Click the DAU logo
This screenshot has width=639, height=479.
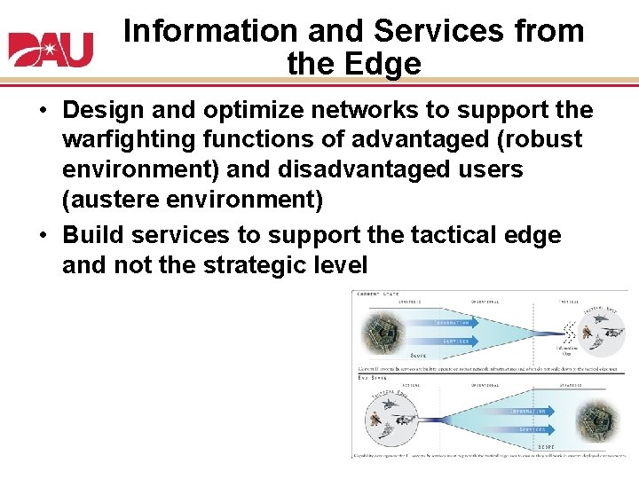[x=51, y=49]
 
